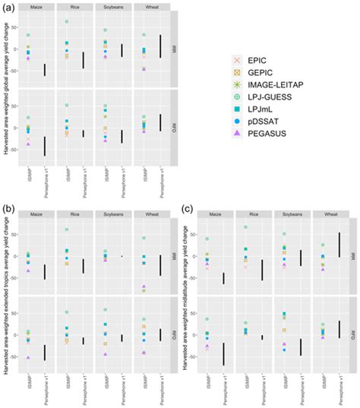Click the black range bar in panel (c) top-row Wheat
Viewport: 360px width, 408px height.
[x=339, y=245]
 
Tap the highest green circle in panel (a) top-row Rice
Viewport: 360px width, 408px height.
[x=67, y=21]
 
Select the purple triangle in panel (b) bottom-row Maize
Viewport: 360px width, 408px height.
[x=28, y=357]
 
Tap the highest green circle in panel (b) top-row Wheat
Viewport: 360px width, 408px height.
[x=144, y=238]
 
